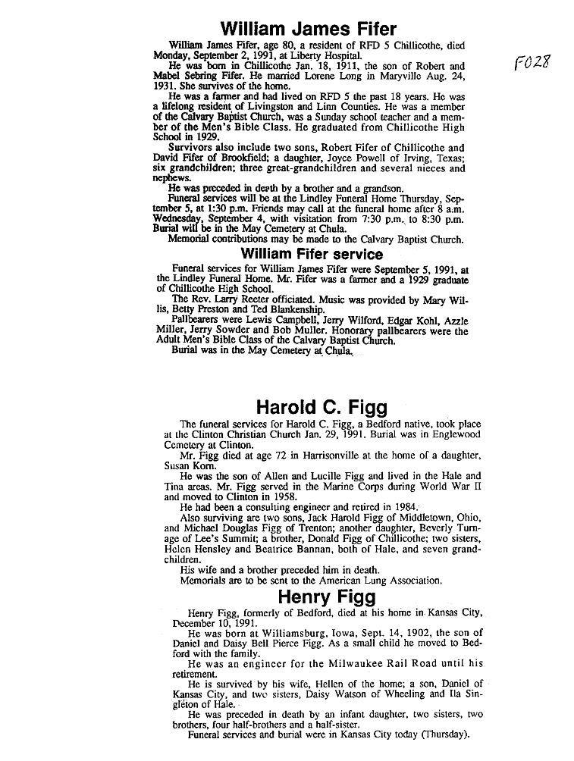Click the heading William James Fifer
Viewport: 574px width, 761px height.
click(308, 29)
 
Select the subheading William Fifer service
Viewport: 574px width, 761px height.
click(312, 255)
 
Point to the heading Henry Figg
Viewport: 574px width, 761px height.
click(327, 597)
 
